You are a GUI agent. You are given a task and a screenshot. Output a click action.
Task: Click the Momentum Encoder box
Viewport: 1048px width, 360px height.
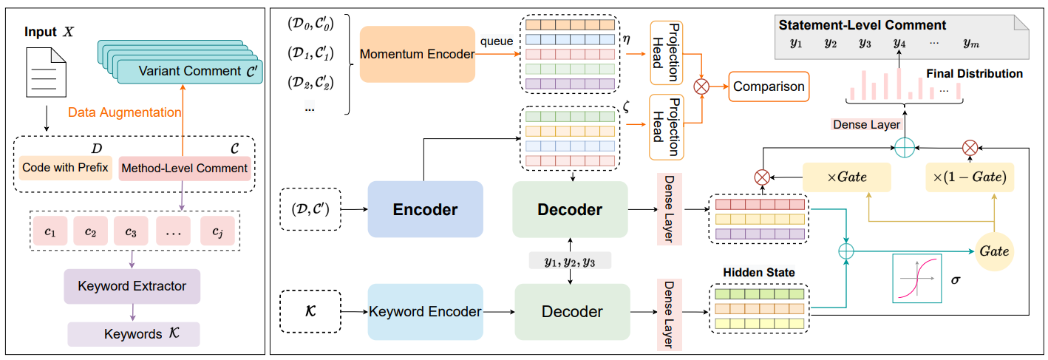pyautogui.click(x=417, y=54)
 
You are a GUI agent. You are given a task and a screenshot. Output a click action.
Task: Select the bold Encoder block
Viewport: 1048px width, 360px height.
pyautogui.click(x=424, y=209)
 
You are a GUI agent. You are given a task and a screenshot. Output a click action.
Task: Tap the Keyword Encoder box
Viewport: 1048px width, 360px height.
pyautogui.click(x=425, y=311)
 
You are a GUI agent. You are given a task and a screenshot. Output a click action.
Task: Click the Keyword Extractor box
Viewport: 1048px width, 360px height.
pyautogui.click(x=132, y=286)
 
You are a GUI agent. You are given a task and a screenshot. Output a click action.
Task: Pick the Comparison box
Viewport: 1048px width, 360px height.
pyautogui.click(x=769, y=86)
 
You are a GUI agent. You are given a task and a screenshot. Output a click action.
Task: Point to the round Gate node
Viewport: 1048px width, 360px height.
pyautogui.click(x=993, y=251)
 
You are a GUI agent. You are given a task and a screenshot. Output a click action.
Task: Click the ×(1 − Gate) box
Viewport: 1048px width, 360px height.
pyautogui.click(x=969, y=177)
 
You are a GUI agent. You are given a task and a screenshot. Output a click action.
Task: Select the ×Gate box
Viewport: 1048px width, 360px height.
pyautogui.click(x=846, y=177)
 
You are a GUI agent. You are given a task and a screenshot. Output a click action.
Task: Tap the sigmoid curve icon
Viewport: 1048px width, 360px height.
pyautogui.click(x=916, y=278)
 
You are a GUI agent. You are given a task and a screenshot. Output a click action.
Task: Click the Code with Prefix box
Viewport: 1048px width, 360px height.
pyautogui.click(x=66, y=168)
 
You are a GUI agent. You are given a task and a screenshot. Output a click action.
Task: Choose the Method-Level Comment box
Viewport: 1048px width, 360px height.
pyautogui.click(x=185, y=168)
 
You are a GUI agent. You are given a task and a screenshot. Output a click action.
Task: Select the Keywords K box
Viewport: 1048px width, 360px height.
pyautogui.click(x=134, y=334)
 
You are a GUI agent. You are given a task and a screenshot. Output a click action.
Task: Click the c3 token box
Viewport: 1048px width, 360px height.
pyautogui.click(x=131, y=232)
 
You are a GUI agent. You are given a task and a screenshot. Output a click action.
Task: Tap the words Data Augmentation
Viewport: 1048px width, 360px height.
pyautogui.click(x=124, y=112)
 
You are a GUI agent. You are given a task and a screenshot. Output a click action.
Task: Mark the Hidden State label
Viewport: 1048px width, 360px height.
pyautogui.click(x=759, y=273)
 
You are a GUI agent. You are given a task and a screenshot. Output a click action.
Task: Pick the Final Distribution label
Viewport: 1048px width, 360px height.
pyautogui.click(x=974, y=74)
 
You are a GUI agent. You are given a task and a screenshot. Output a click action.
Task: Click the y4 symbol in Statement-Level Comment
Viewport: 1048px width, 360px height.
pyautogui.click(x=899, y=43)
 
